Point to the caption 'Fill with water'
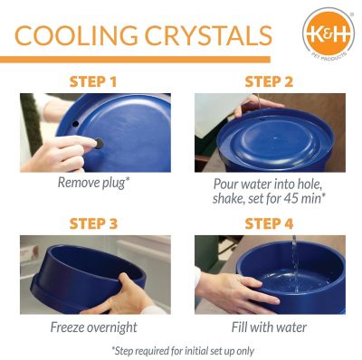tap(268, 326)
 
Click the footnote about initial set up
tap(181, 349)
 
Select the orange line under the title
tap(136, 60)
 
